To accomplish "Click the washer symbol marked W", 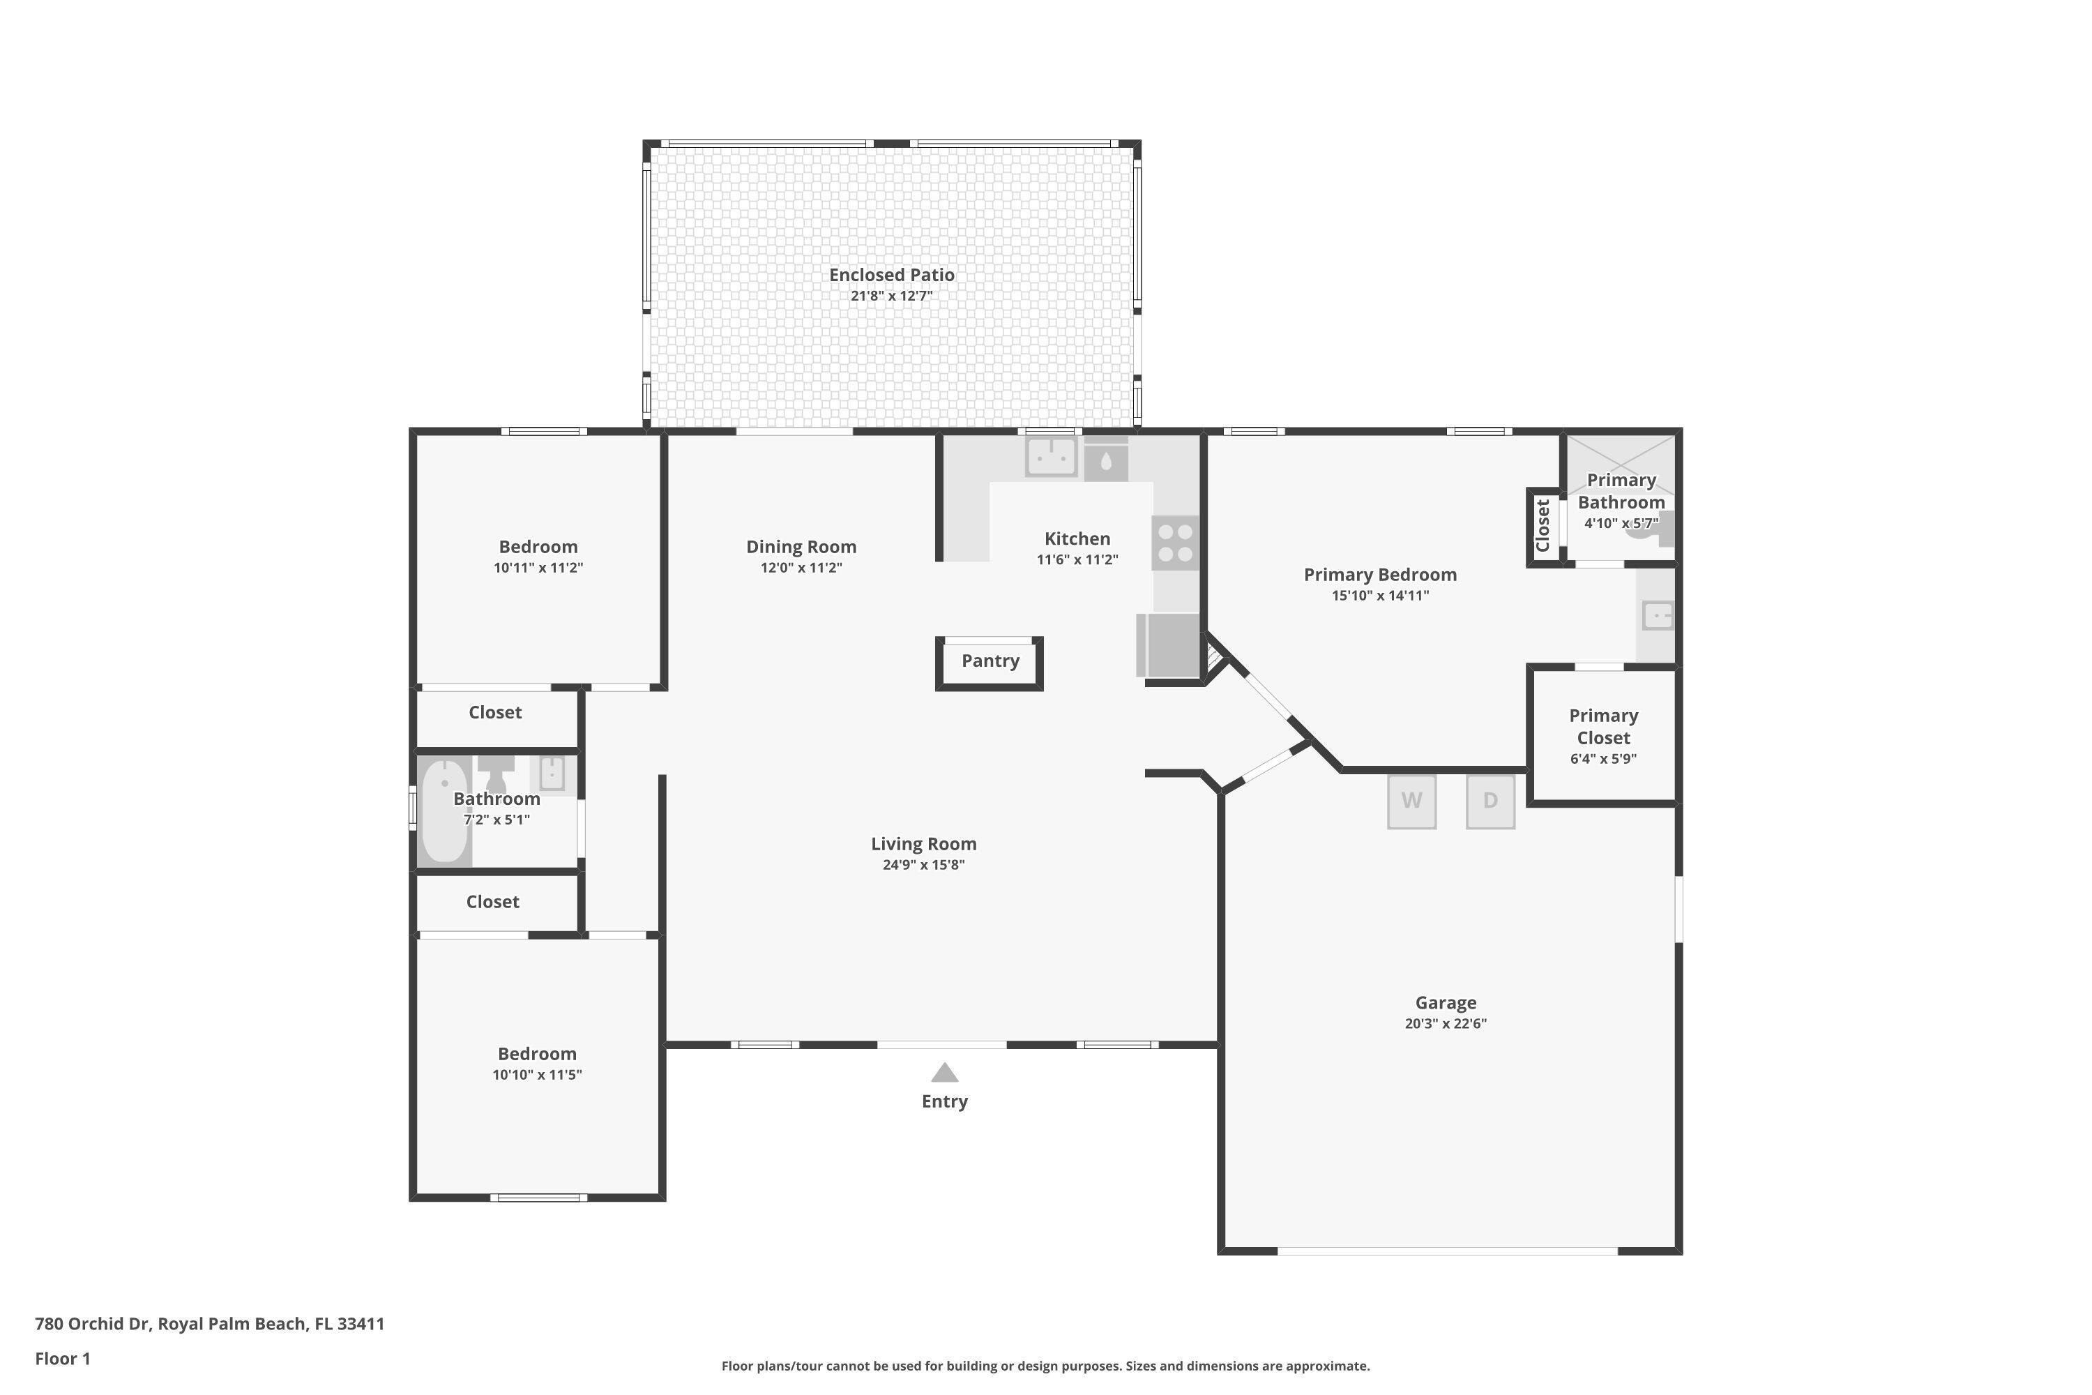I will (1411, 801).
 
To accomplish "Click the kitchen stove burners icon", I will (1175, 543).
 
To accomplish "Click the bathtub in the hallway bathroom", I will (444, 810).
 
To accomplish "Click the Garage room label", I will (1446, 1003).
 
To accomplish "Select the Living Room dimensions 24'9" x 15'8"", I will (923, 865).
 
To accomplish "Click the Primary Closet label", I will (1602, 727).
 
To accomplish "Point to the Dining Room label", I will (801, 547).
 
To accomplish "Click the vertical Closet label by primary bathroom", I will (1543, 526).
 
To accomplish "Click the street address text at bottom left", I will (210, 1324).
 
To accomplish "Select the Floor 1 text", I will (62, 1359).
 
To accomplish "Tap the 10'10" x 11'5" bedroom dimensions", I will (536, 1075).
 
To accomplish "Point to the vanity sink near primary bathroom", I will (1657, 616).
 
